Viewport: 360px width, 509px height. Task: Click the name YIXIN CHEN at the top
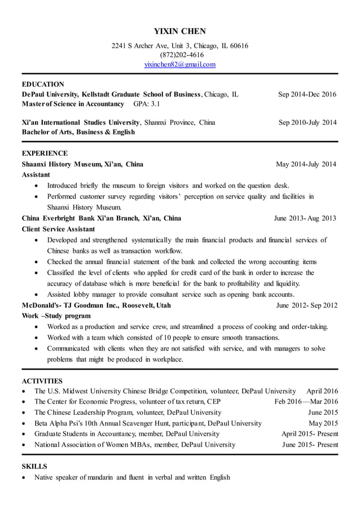pyautogui.click(x=180, y=31)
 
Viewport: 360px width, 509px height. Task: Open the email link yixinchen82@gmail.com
pyautogui.click(x=180, y=64)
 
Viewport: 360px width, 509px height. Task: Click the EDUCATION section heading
pyautogui.click(x=43, y=84)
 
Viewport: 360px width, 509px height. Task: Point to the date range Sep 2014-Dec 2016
pyautogui.click(x=307, y=94)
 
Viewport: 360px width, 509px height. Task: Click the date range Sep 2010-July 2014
pyautogui.click(x=308, y=122)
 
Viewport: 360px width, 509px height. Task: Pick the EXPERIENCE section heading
pyautogui.click(x=45, y=153)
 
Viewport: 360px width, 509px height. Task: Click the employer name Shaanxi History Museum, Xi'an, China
pyautogui.click(x=82, y=164)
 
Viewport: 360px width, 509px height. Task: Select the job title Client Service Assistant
pyautogui.click(x=58, y=229)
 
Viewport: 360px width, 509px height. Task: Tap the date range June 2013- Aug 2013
pyautogui.click(x=305, y=218)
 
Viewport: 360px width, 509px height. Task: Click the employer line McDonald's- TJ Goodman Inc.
pyautogui.click(x=96, y=305)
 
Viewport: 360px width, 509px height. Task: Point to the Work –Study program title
pyautogui.click(x=51, y=316)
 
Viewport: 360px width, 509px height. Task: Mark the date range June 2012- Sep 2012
pyautogui.click(x=307, y=305)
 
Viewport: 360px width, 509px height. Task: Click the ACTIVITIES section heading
pyautogui.click(x=42, y=380)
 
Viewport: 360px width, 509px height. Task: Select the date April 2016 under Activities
pyautogui.click(x=322, y=391)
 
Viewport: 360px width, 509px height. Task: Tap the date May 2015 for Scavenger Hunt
pyautogui.click(x=323, y=423)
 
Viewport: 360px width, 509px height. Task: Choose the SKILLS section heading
pyautogui.click(x=34, y=466)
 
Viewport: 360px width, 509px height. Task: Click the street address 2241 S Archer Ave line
pyautogui.click(x=180, y=46)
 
